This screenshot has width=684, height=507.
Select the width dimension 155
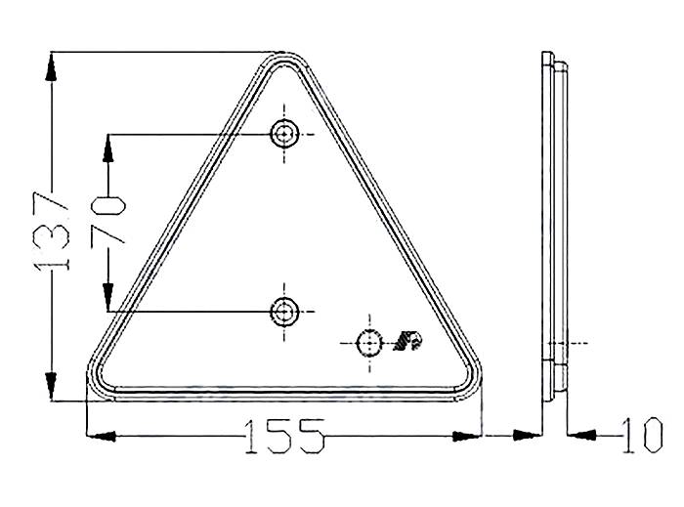(x=282, y=437)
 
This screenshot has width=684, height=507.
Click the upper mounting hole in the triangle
(x=284, y=134)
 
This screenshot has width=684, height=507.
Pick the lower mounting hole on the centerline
(x=284, y=311)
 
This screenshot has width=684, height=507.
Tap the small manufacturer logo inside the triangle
(x=407, y=341)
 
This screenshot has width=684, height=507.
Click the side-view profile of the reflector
(x=554, y=225)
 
